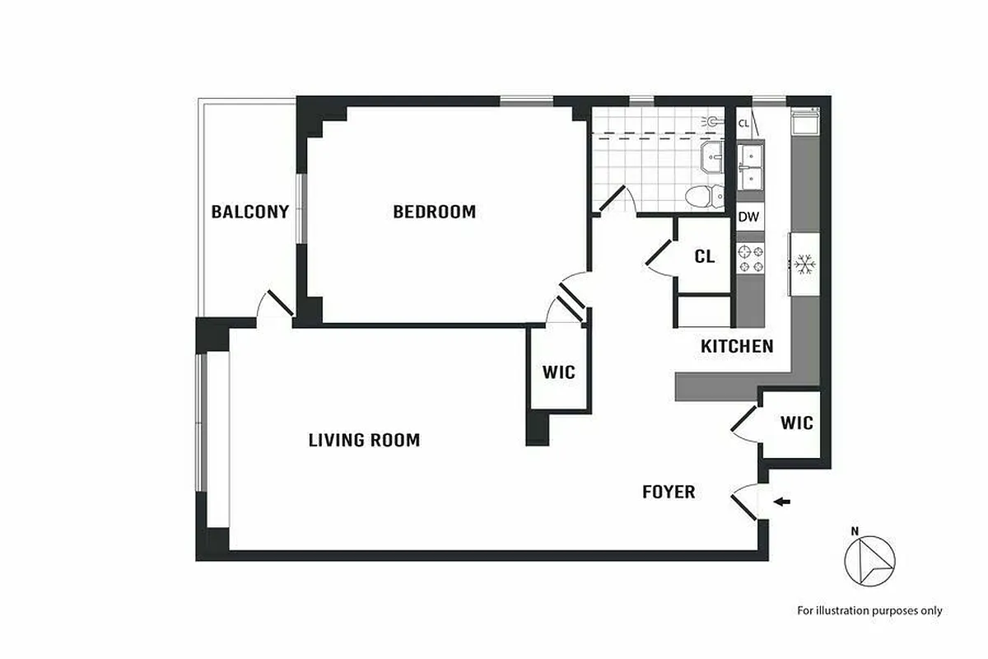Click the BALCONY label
pyautogui.click(x=249, y=212)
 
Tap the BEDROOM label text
pyautogui.click(x=434, y=212)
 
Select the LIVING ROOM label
pyautogui.click(x=364, y=440)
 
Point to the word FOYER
pyautogui.click(x=669, y=492)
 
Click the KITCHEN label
pyautogui.click(x=737, y=346)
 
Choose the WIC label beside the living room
pyautogui.click(x=558, y=372)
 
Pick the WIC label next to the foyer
pyautogui.click(x=796, y=423)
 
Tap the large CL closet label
pyautogui.click(x=704, y=256)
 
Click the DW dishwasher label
pyautogui.click(x=748, y=217)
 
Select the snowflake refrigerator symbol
pyautogui.click(x=804, y=264)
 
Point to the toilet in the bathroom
pyautogui.click(x=701, y=196)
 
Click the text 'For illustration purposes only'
pyautogui.click(x=869, y=610)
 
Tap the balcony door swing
pyautogui.click(x=275, y=305)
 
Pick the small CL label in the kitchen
pyautogui.click(x=744, y=124)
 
